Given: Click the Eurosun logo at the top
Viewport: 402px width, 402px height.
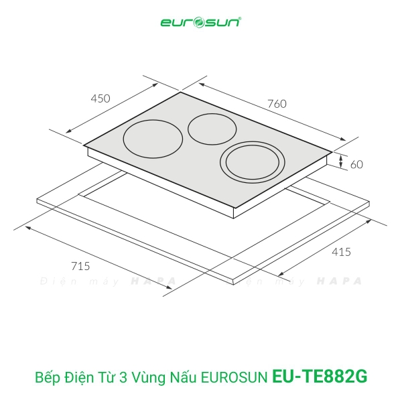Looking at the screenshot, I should point(201,23).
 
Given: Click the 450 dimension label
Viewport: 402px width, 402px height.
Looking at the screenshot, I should point(100,98).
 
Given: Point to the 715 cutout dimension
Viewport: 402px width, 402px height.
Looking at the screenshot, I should point(80,265).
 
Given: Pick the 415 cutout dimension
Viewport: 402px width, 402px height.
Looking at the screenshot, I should point(340,252).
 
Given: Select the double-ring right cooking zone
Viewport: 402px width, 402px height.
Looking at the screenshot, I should point(253,161).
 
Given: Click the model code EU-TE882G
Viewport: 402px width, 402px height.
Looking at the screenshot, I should point(320,377).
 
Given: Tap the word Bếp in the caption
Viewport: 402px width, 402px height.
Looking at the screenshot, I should point(46,377).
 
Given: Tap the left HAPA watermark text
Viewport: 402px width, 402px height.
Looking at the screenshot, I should point(153,281).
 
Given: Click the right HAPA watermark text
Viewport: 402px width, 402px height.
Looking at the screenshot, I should point(339,281).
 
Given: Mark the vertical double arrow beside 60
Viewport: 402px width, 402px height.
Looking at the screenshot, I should point(341,161).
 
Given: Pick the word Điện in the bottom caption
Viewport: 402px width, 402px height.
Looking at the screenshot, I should point(78,377).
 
